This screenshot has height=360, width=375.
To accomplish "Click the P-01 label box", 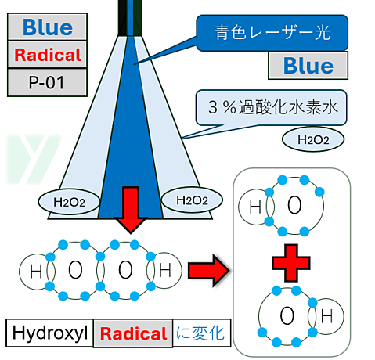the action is [x=47, y=83].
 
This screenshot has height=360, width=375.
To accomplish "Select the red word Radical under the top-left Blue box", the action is [x=48, y=55].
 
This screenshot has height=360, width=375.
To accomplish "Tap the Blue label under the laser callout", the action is [x=308, y=66].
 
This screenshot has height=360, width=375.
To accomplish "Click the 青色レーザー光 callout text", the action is [x=272, y=33].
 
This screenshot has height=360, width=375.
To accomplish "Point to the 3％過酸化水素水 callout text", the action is [x=273, y=107].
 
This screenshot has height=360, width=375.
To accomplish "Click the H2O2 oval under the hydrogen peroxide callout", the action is [x=313, y=139].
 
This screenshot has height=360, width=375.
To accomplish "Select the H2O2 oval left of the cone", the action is [x=69, y=202].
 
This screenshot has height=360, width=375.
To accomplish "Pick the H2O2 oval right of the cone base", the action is [x=192, y=200].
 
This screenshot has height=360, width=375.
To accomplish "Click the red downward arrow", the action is [x=131, y=210].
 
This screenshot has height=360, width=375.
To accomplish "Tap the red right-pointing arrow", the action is [x=209, y=270].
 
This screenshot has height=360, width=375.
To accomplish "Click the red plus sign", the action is [x=291, y=263].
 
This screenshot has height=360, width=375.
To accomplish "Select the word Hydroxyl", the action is [x=50, y=333].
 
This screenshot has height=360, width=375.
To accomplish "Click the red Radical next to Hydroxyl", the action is [x=133, y=333].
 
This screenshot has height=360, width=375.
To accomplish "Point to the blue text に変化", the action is [x=200, y=333].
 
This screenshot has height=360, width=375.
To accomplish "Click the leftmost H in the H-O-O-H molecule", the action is [x=36, y=271].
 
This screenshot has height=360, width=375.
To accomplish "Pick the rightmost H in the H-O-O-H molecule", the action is [x=165, y=270].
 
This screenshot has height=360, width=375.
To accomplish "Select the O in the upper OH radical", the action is [x=294, y=205].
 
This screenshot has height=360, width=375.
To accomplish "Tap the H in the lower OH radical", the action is [x=326, y=316].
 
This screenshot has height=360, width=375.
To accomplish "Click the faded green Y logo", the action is [x=33, y=159].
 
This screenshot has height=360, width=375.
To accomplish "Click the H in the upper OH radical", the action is [x=255, y=207].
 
